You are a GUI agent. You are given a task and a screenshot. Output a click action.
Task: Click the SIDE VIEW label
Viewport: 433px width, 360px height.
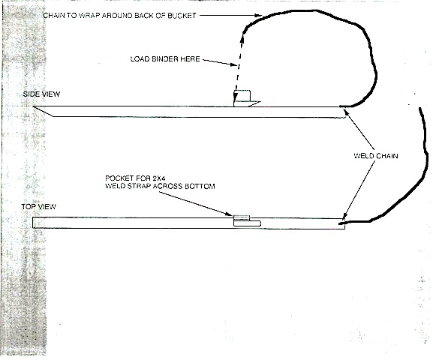tap(41, 94)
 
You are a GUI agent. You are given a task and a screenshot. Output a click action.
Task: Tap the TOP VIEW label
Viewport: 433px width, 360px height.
tap(39, 206)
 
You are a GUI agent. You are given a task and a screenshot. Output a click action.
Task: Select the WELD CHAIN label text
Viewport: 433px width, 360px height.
tap(376, 156)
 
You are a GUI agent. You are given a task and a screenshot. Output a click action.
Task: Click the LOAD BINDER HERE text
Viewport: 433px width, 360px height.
tap(165, 59)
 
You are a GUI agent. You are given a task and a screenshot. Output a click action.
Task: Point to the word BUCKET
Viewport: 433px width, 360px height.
tap(182, 16)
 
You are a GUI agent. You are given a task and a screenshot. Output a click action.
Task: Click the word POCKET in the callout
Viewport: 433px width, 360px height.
tap(119, 178)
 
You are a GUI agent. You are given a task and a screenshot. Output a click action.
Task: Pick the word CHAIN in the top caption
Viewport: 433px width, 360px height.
tap(54, 16)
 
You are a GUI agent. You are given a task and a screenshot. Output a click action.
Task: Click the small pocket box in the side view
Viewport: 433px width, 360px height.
tap(242, 95)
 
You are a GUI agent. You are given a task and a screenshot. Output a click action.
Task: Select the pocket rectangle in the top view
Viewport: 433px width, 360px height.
tap(247, 223)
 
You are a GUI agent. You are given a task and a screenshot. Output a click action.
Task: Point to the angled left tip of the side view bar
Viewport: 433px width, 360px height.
tap(33, 106)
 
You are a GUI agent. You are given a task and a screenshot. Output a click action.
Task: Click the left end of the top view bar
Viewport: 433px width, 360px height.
tap(32, 223)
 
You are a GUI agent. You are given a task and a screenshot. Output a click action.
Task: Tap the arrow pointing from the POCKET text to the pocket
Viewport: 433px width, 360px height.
tap(196, 204)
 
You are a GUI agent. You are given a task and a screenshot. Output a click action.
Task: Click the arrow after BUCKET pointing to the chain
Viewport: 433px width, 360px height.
tap(230, 16)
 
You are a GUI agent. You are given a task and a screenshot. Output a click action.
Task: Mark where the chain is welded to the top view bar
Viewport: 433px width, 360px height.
tap(342, 223)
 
